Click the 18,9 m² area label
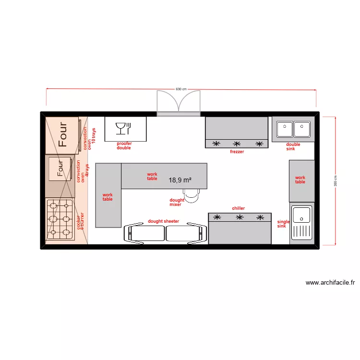coord(180,180)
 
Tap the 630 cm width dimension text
coord(180,89)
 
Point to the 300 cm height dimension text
coord(336,180)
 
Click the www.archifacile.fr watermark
coord(330,283)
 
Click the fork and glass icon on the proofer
coord(123,128)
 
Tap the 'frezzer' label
coord(237,152)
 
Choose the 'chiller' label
coord(239,208)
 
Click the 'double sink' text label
coord(293,146)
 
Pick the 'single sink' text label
coord(283,224)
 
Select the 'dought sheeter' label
coord(163,221)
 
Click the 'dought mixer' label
coord(176,203)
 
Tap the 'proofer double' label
coord(124,146)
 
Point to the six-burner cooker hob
coord(60,219)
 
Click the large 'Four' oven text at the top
coord(62,134)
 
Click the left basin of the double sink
coord(285,129)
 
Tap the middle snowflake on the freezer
coord(237,144)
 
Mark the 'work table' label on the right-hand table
coord(300,180)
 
